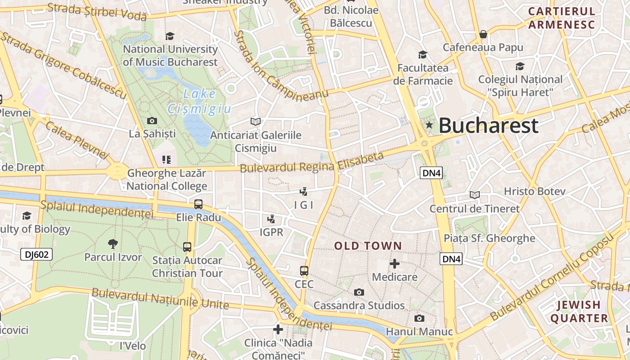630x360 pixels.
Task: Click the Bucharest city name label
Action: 488,126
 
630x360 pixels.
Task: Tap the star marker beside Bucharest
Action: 429,125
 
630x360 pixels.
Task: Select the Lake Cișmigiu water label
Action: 199,101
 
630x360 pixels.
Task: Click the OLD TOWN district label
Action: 368,246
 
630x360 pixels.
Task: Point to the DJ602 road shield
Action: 36,255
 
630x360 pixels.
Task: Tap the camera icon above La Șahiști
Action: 152,121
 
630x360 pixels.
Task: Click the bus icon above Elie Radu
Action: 198,204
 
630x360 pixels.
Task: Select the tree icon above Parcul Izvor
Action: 112,244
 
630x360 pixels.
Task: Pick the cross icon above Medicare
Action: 395,264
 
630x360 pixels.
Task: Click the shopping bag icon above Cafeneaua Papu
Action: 483,34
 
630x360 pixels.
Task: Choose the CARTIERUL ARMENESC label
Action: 561,18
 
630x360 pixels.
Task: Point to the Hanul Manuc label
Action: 419,332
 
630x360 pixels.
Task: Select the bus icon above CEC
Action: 304,271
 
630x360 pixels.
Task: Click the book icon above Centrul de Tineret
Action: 474,195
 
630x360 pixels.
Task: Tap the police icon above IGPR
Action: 271,219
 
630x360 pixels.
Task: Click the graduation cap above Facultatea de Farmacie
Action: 423,55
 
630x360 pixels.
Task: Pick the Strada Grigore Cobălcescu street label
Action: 63,64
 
